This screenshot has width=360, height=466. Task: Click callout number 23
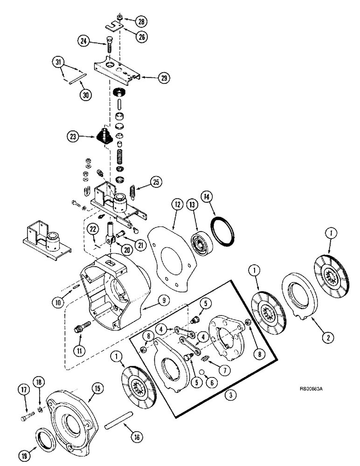pos(72,137)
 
